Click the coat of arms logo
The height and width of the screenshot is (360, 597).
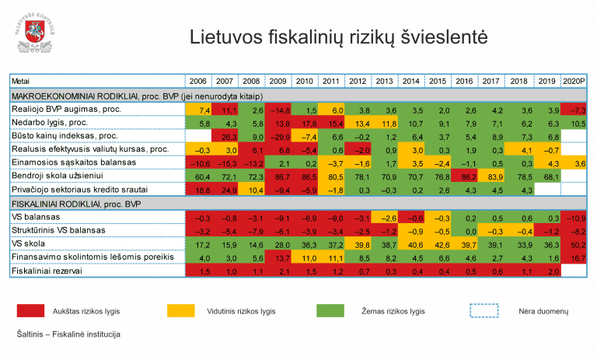click(31, 31)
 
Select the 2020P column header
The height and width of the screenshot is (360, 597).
click(574, 81)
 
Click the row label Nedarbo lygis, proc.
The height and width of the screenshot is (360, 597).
click(50, 123)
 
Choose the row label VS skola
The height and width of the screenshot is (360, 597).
click(28, 243)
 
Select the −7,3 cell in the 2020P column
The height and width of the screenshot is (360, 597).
click(574, 110)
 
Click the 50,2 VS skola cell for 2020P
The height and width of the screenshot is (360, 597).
click(574, 243)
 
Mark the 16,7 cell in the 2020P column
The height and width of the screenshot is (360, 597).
click(574, 257)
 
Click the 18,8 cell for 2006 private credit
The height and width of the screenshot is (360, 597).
click(197, 189)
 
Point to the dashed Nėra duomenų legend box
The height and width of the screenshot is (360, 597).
click(485, 311)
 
